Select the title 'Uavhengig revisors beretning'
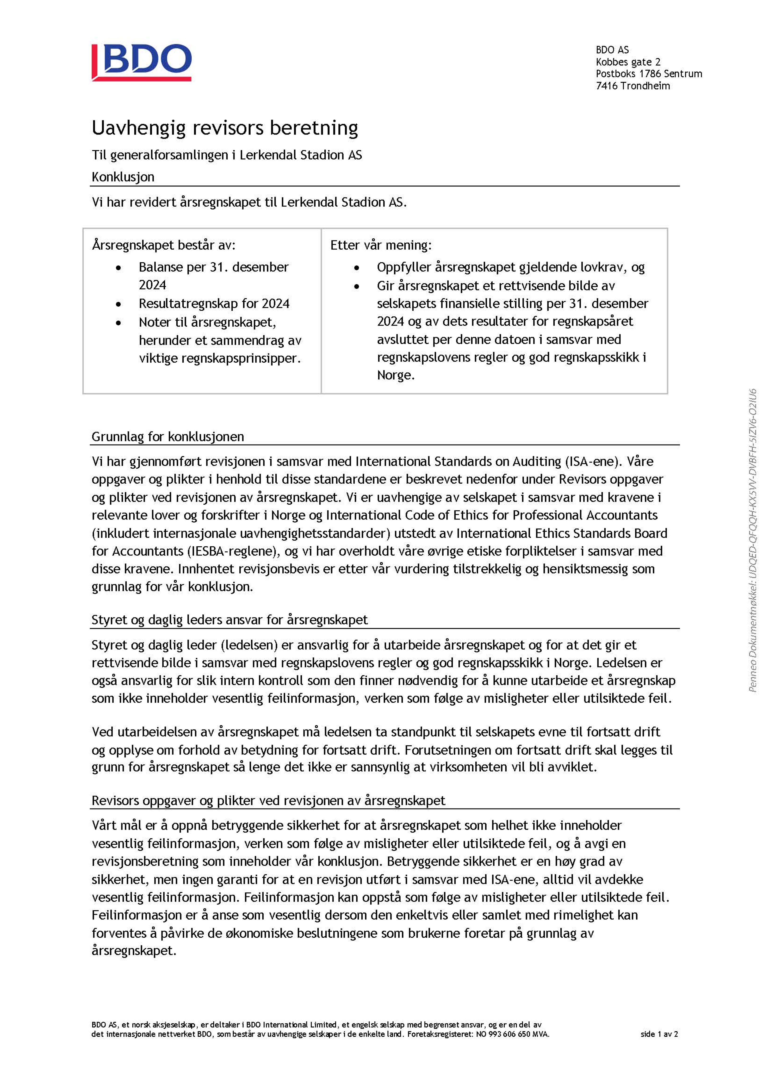[x=225, y=128]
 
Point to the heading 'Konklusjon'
[x=123, y=177]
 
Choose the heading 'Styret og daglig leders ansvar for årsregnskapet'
[x=230, y=620]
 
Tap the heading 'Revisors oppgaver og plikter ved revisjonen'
[x=268, y=801]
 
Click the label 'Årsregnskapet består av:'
[x=164, y=245]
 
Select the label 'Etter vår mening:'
[x=381, y=245]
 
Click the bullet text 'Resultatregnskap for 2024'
[x=214, y=303]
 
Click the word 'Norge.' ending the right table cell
[x=396, y=376]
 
